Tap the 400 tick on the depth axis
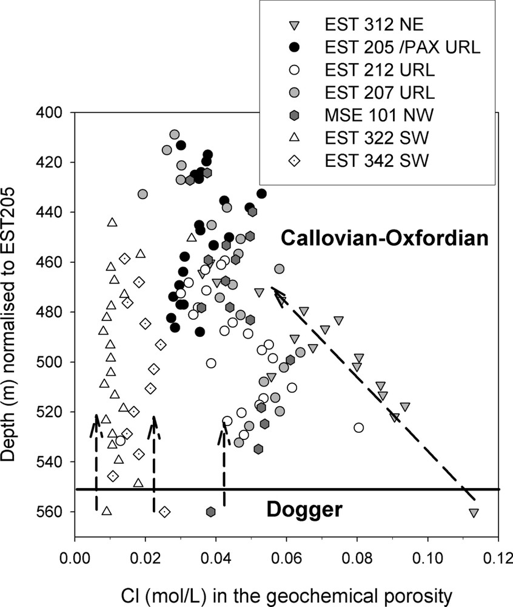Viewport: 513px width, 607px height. [x=53, y=112]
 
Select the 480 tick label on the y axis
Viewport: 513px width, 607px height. [x=53, y=312]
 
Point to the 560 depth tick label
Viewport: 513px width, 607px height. [x=53, y=512]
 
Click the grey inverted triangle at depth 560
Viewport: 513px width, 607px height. [x=474, y=513]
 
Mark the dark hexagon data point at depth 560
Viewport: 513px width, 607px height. [x=210, y=512]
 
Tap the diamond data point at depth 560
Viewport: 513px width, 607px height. [x=164, y=512]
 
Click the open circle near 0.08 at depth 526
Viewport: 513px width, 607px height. [x=358, y=427]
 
